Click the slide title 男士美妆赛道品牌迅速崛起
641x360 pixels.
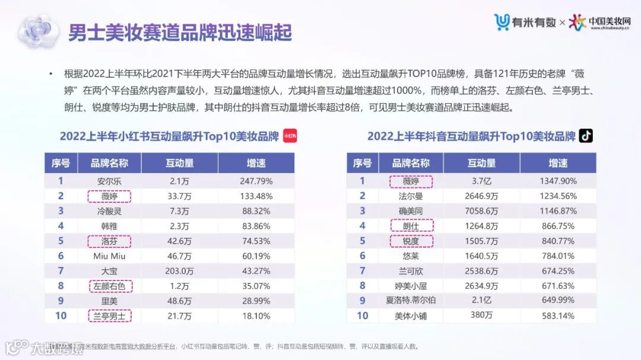point(179,32)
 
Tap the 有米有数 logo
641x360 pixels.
point(525,22)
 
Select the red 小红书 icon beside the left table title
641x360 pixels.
point(290,136)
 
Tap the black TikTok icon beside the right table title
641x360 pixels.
point(586,136)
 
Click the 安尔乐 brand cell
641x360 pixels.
point(109,181)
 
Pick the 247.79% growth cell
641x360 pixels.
point(256,181)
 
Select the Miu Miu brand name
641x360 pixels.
point(109,256)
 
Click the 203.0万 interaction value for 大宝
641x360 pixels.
point(179,271)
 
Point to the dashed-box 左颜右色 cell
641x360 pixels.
point(109,286)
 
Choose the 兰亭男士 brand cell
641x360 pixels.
point(109,316)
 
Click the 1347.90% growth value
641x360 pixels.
point(558,181)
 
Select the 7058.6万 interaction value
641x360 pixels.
point(481,211)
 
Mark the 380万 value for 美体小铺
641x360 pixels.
point(481,316)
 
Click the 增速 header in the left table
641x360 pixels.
point(256,163)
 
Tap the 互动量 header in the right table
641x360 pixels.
point(481,163)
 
